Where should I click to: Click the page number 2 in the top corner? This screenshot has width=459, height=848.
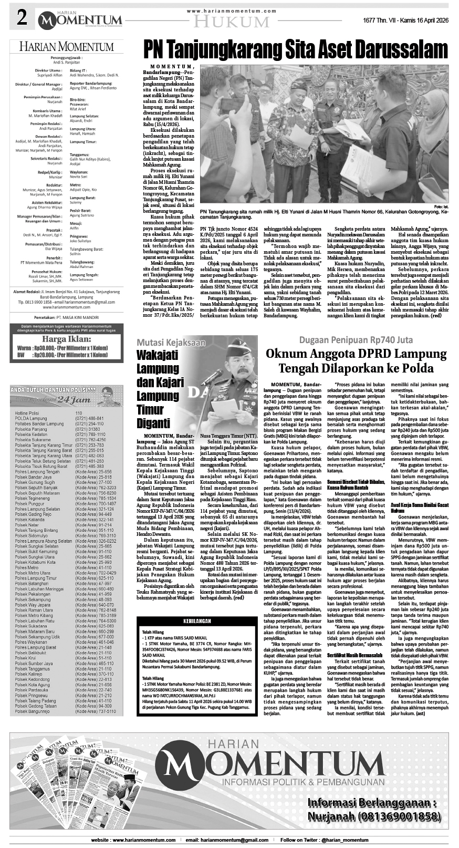(x=22, y=19)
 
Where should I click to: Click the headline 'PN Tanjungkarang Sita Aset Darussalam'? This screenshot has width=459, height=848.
(x=296, y=50)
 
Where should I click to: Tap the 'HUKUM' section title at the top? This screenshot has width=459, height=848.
(x=231, y=22)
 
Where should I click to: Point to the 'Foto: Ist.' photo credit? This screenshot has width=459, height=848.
(x=441, y=206)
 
